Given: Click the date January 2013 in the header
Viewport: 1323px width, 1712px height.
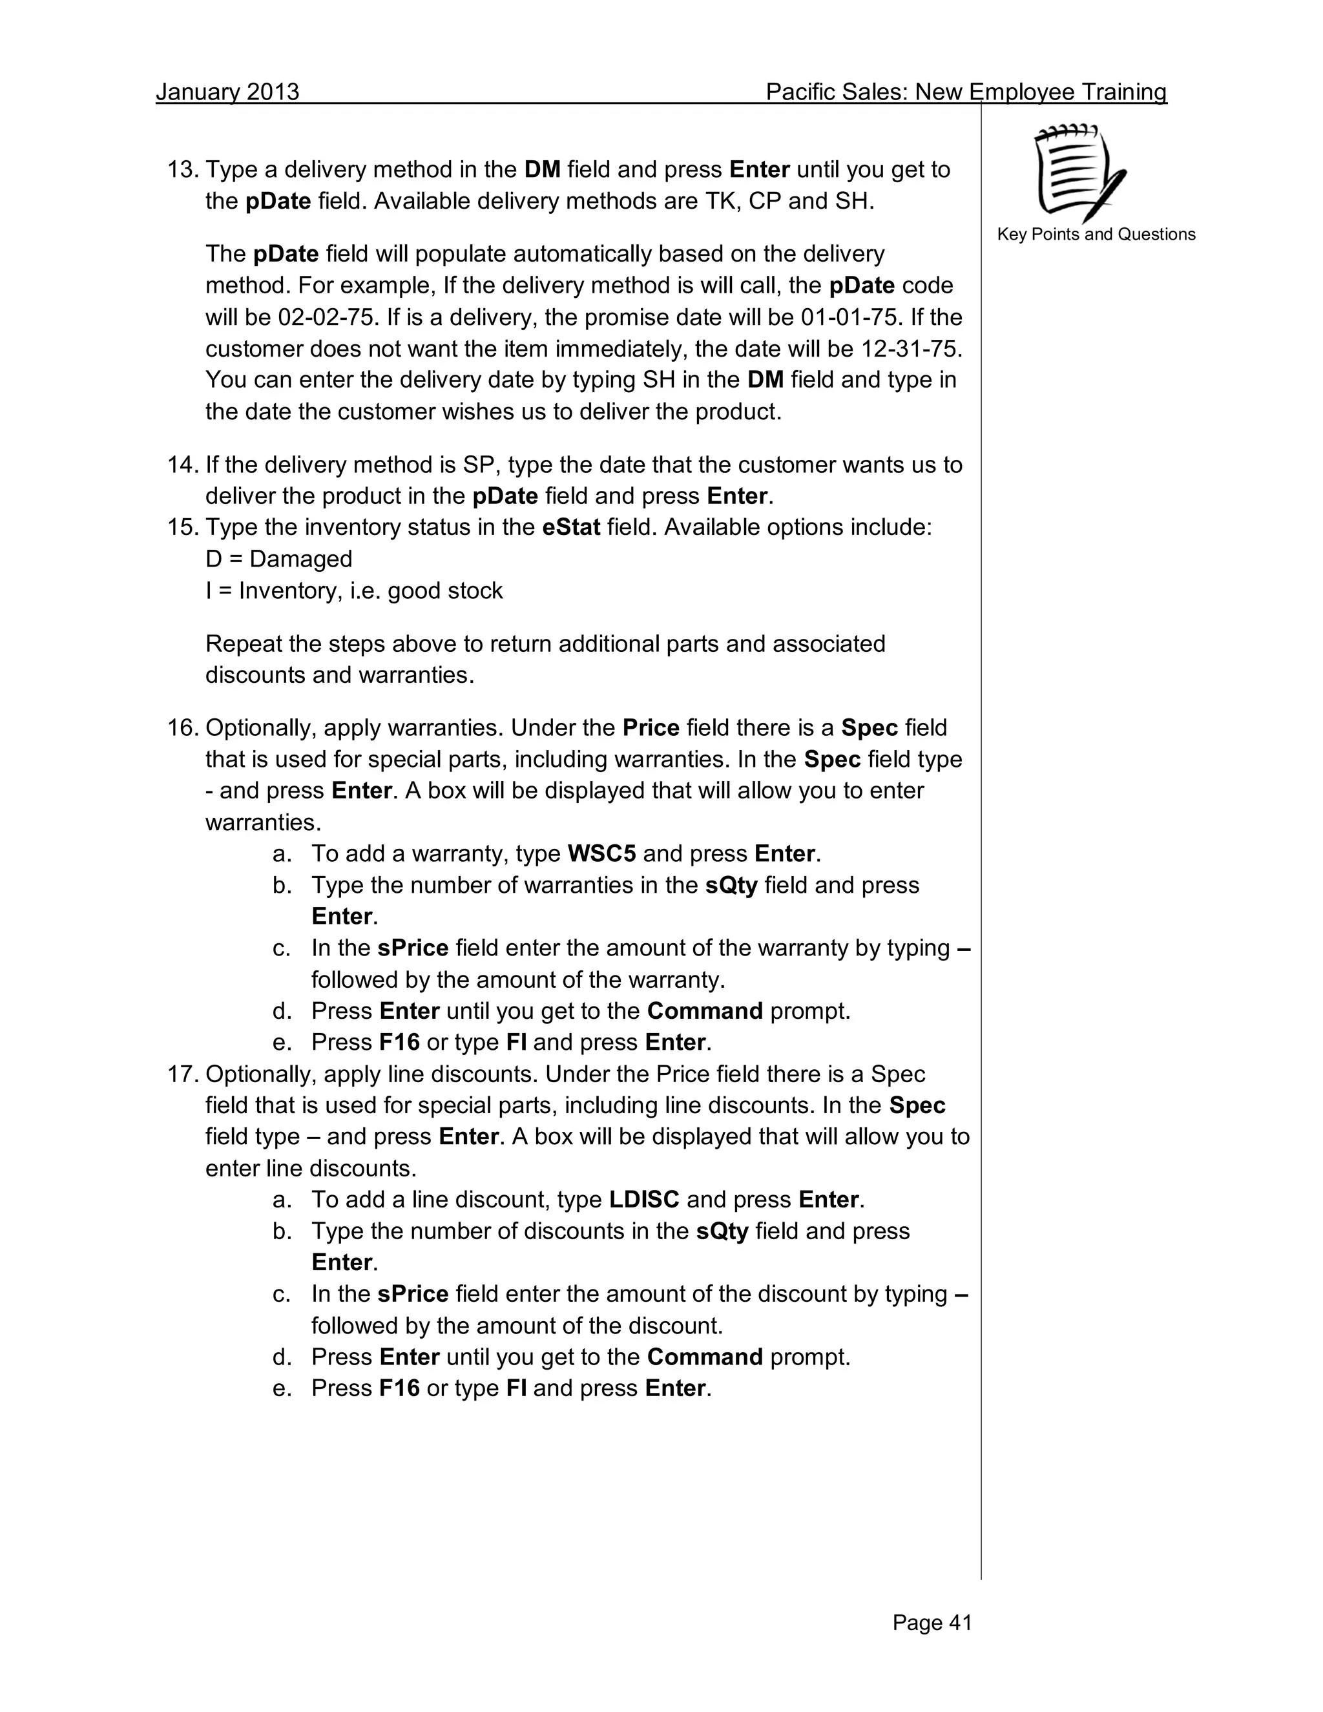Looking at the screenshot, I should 227,92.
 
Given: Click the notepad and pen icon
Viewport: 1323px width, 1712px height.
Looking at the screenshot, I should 1081,172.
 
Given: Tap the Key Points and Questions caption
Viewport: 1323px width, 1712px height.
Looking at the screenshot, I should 1096,235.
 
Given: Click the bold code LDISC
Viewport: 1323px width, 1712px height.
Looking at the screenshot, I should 643,1200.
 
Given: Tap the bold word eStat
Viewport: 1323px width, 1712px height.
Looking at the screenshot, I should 570,528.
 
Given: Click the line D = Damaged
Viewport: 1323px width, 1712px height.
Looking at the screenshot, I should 278,559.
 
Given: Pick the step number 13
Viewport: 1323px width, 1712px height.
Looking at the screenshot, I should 183,170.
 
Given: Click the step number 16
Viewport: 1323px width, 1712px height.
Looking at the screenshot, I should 183,728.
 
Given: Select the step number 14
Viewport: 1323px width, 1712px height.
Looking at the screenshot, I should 183,465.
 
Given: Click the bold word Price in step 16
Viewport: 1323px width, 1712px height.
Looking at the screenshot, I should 651,728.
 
